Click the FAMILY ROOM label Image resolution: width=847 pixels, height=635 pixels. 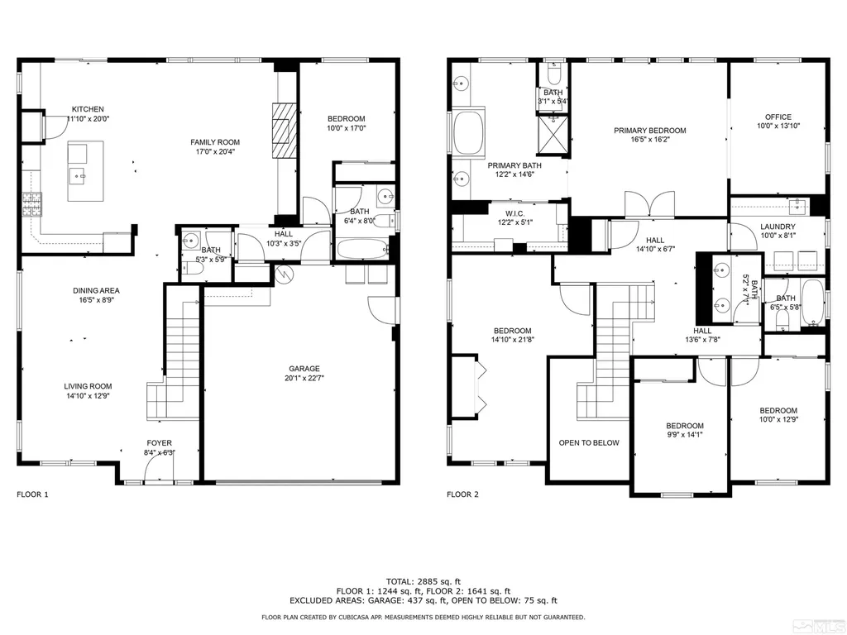point(215,142)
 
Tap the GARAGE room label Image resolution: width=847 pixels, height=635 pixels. point(304,369)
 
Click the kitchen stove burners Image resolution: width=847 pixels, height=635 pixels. point(32,205)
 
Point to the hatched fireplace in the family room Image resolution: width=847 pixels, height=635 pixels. point(285,130)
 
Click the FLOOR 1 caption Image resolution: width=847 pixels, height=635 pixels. point(32,494)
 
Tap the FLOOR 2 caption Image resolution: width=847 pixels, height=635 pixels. point(462,494)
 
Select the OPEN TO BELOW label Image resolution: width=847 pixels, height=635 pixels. point(589,443)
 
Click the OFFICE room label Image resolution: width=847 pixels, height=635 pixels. point(778,117)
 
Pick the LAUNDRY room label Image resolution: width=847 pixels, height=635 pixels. point(778,227)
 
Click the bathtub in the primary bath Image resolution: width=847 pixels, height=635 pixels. point(470,133)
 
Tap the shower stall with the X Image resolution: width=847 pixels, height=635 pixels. point(552,135)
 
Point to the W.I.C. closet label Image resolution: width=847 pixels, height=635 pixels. point(514,212)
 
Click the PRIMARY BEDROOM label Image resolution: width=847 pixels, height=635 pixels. point(650,130)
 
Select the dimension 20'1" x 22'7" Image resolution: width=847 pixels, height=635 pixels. point(304,378)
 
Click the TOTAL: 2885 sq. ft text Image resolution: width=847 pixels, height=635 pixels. point(423,581)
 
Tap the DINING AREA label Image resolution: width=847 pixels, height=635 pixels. point(96,290)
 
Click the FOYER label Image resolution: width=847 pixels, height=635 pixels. point(160,443)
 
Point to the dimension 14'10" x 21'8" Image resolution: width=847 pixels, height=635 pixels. point(512,340)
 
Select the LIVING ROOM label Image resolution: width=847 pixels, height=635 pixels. point(88,386)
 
